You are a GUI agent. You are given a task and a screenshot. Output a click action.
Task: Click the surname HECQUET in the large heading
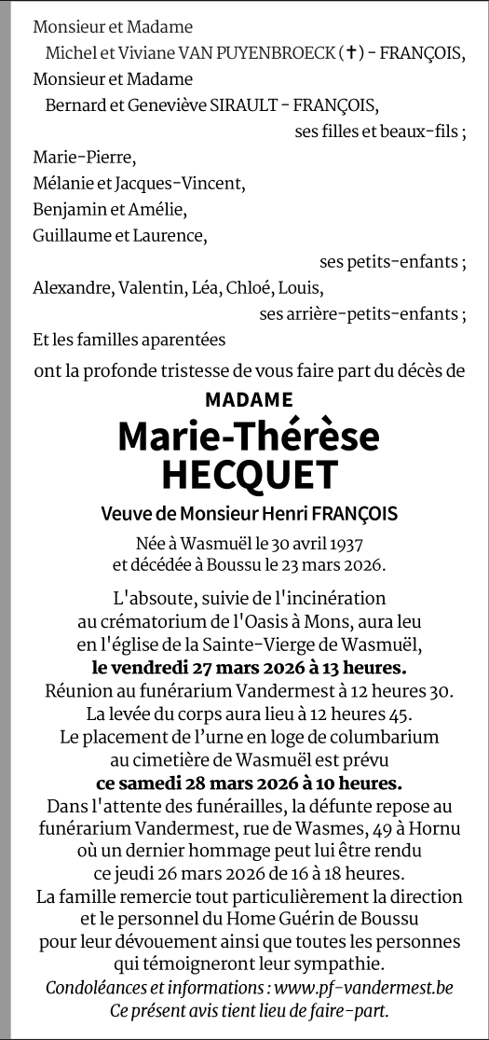tap(248, 475)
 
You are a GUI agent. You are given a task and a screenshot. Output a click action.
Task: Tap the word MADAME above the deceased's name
tap(248, 400)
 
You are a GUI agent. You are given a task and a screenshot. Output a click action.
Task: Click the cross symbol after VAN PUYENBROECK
tap(350, 54)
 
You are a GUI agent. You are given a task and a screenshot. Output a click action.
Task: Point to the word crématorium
tap(147, 620)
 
